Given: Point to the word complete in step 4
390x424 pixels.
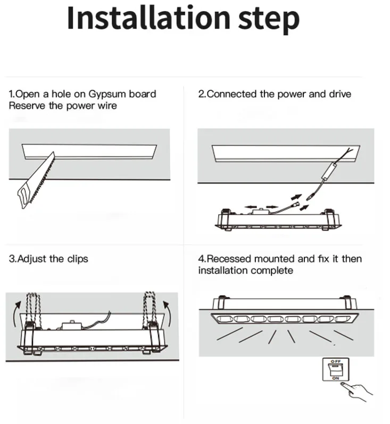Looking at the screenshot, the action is [273, 270].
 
